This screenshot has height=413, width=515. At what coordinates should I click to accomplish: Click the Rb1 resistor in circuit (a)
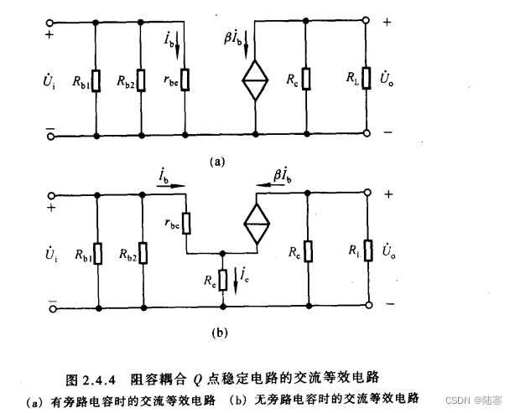(x=98, y=80)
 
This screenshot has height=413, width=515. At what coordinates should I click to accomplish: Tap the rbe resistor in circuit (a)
(x=186, y=80)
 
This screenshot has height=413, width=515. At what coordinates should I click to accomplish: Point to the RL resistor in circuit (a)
(x=367, y=80)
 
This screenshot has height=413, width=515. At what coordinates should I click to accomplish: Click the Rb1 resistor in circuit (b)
(x=98, y=252)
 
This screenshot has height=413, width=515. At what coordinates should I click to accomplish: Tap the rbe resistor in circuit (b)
(x=186, y=223)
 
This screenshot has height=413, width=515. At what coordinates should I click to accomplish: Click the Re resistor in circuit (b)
(x=221, y=279)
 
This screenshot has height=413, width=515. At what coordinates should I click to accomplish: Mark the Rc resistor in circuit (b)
(x=309, y=252)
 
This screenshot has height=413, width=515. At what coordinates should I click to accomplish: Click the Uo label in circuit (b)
(x=388, y=251)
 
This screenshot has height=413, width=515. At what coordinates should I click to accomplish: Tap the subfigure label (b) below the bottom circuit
(x=220, y=333)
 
